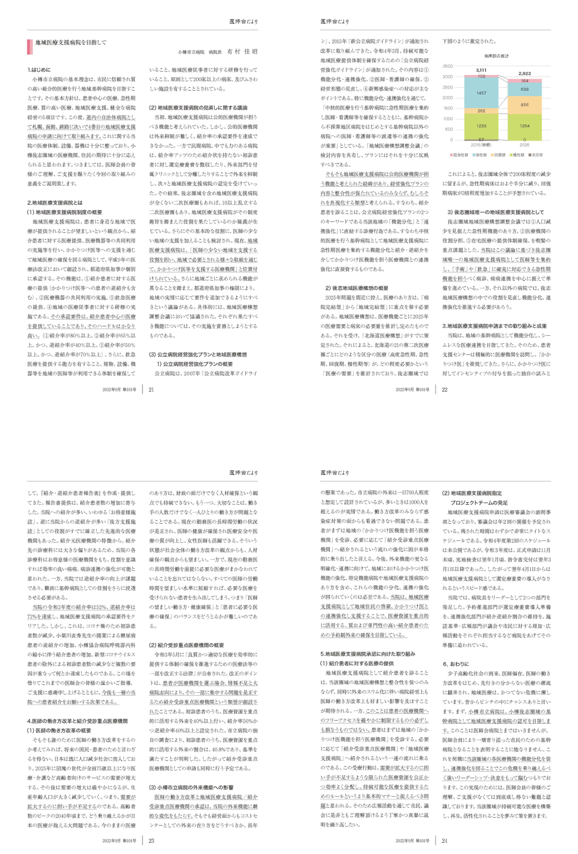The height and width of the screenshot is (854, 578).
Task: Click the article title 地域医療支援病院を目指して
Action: (71, 43)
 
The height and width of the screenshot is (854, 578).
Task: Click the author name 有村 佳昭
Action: (242, 52)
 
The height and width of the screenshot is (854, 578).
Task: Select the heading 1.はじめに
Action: (39, 69)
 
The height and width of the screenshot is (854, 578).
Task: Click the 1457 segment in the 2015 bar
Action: (481, 93)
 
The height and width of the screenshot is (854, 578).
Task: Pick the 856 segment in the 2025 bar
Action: (525, 105)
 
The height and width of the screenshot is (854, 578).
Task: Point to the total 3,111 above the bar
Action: (481, 70)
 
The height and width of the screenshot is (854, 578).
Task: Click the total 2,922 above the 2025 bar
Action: (525, 73)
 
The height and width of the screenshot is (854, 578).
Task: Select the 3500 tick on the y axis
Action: (448, 66)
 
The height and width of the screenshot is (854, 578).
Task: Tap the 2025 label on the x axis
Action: (525, 145)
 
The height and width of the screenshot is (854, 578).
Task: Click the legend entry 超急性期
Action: (459, 155)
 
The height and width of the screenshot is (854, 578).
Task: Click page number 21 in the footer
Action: (151, 390)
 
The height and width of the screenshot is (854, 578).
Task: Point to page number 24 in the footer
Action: (444, 841)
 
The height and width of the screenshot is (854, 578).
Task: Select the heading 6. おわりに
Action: (456, 664)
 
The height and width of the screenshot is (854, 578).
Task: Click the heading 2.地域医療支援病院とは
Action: (55, 202)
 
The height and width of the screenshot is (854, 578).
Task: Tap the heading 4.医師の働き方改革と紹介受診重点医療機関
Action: (77, 721)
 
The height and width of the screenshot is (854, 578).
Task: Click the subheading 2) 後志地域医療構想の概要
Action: (357, 288)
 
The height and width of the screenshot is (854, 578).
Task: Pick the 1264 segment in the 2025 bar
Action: (525, 126)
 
